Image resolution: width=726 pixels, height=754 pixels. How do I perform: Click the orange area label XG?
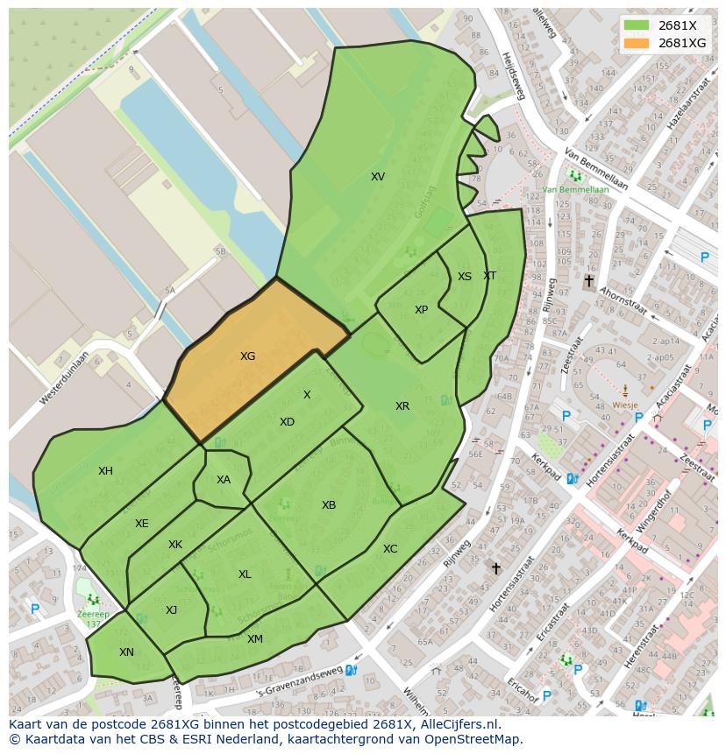pos(248,356)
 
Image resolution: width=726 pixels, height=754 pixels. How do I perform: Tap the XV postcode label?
pos(377,177)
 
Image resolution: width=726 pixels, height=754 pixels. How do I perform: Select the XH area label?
pos(105,471)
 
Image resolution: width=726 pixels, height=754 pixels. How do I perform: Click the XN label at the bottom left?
pos(126,652)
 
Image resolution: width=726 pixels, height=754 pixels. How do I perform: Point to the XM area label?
pos(254,639)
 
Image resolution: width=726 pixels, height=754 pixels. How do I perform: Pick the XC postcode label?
pos(390,549)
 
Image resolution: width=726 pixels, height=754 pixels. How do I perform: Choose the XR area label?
pos(402,406)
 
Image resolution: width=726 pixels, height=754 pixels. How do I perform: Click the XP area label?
pos(421,310)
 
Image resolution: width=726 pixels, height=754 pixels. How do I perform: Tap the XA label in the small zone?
pos(224,480)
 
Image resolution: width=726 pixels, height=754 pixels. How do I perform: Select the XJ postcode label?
pos(172,610)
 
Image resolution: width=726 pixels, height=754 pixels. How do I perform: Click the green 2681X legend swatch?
pos(637,25)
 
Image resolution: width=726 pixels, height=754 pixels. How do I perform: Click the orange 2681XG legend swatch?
pos(637,43)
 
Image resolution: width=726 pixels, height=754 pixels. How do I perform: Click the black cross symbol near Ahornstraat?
pos(588,281)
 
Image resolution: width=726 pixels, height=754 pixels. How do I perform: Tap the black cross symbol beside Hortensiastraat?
pos(495,569)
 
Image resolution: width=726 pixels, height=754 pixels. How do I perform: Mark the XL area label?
pos(245,574)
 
